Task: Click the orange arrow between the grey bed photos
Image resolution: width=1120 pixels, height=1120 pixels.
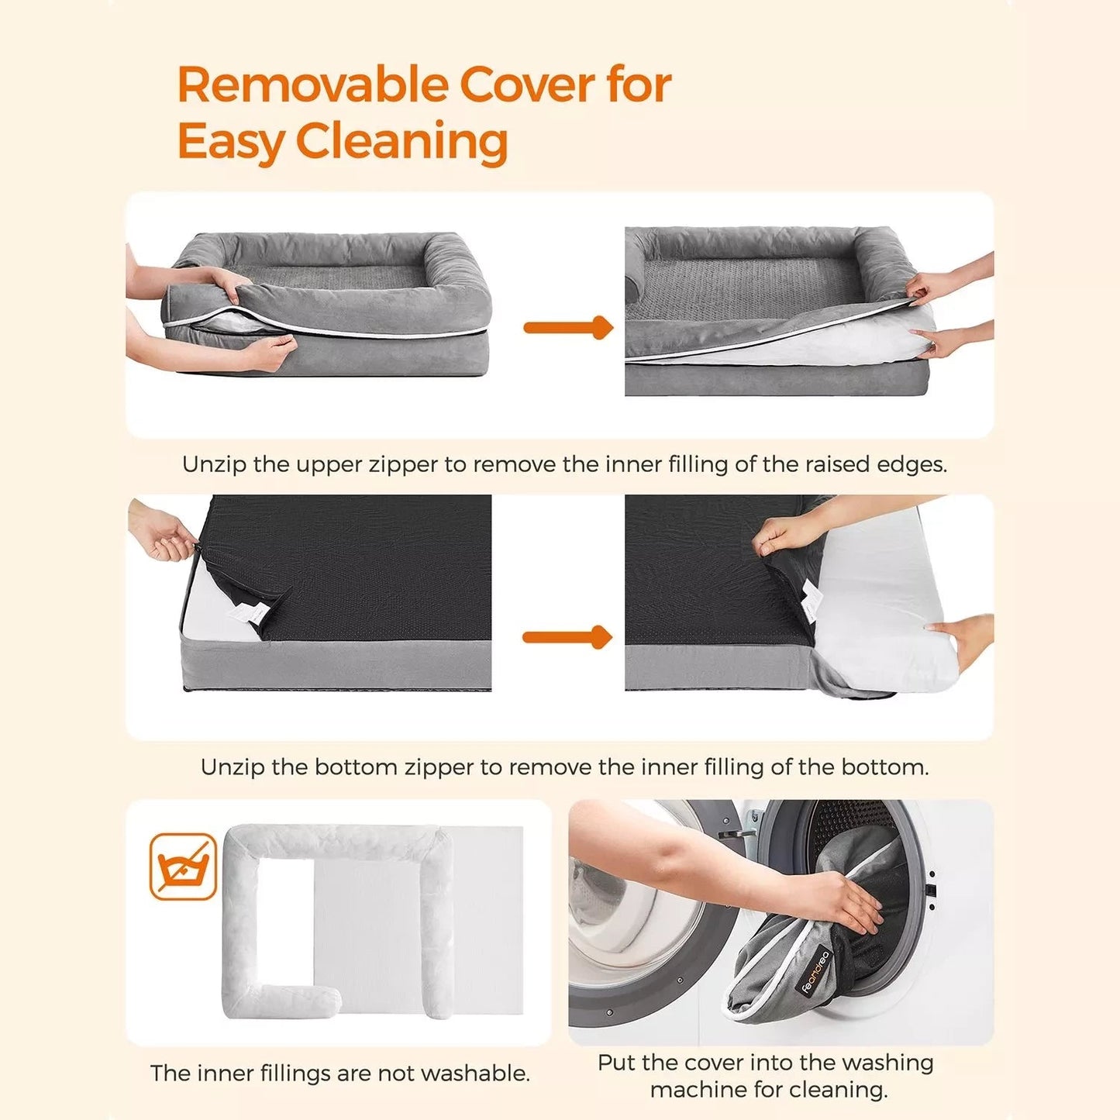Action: point(568,327)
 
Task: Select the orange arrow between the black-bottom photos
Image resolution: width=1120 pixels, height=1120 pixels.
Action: point(568,637)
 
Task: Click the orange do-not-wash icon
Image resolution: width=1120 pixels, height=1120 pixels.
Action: point(183,867)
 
